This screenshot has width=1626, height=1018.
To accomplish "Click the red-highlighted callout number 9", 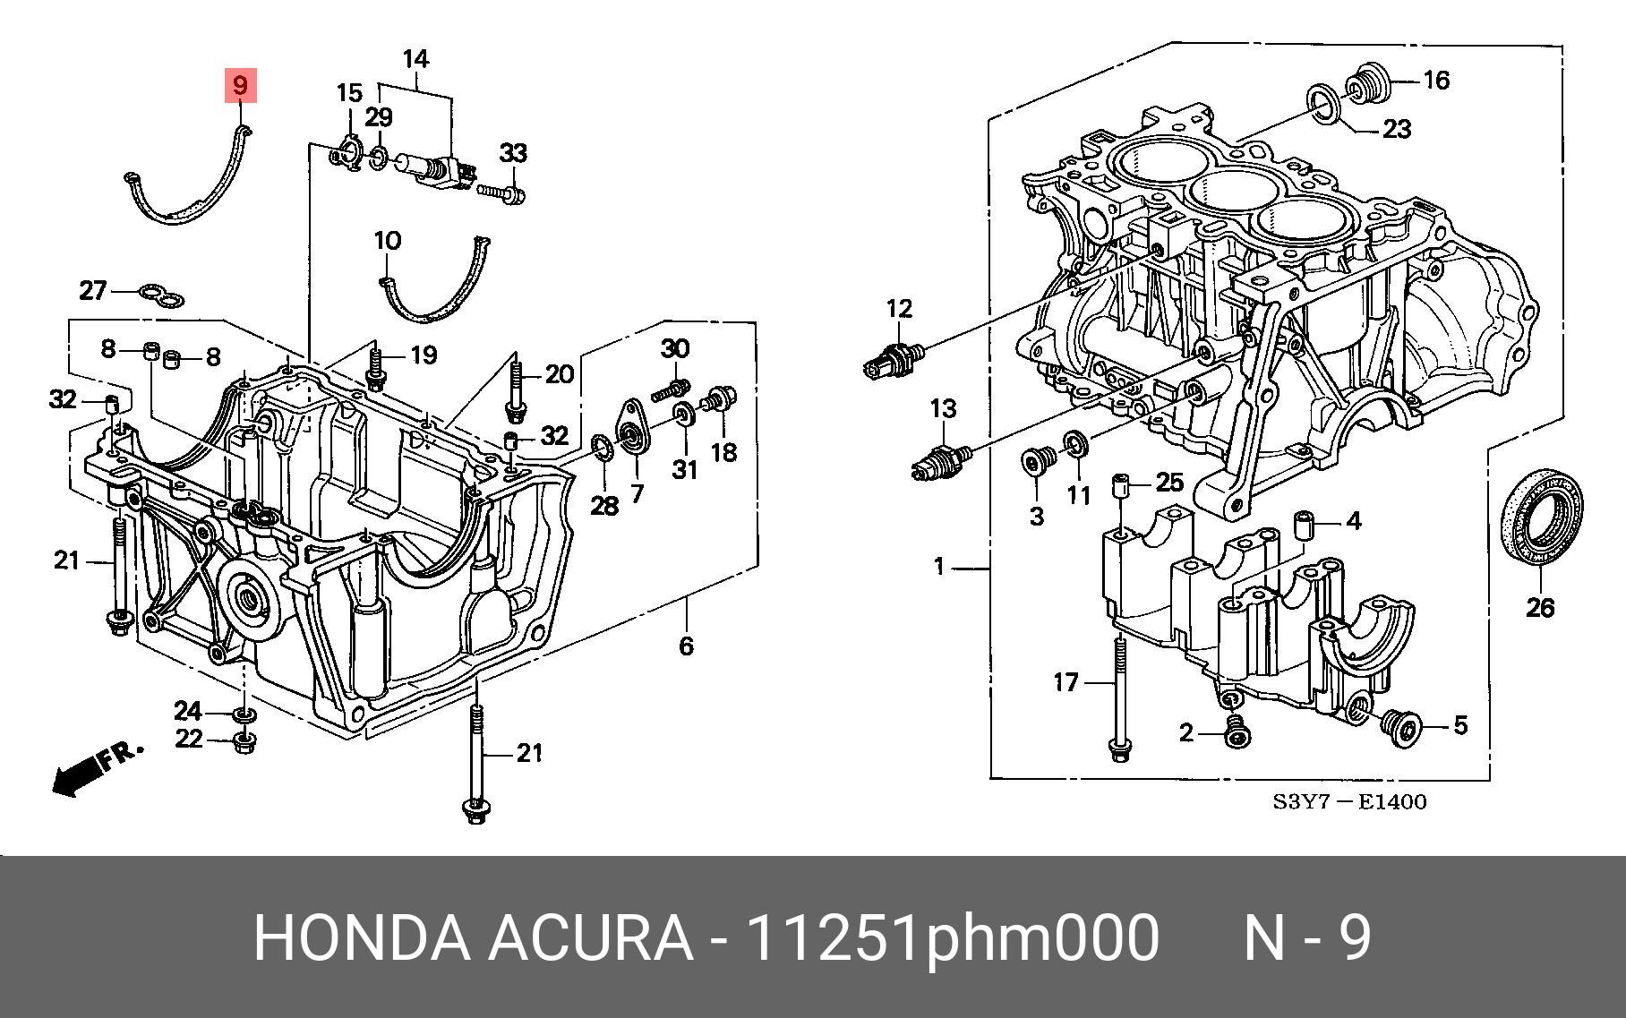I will coord(240,86).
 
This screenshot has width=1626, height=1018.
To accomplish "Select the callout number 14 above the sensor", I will coord(415,60).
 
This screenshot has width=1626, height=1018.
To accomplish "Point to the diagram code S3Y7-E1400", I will coord(1349,802).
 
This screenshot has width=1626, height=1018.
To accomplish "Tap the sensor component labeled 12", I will coord(894,359).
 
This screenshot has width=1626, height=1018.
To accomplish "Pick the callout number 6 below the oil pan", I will coord(686,646).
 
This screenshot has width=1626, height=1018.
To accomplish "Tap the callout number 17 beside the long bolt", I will coord(1065,682).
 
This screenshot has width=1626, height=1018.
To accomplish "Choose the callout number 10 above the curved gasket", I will coord(387,241).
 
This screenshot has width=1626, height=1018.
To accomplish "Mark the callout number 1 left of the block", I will coord(938,567).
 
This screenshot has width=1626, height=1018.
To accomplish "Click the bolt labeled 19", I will coord(376,368).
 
